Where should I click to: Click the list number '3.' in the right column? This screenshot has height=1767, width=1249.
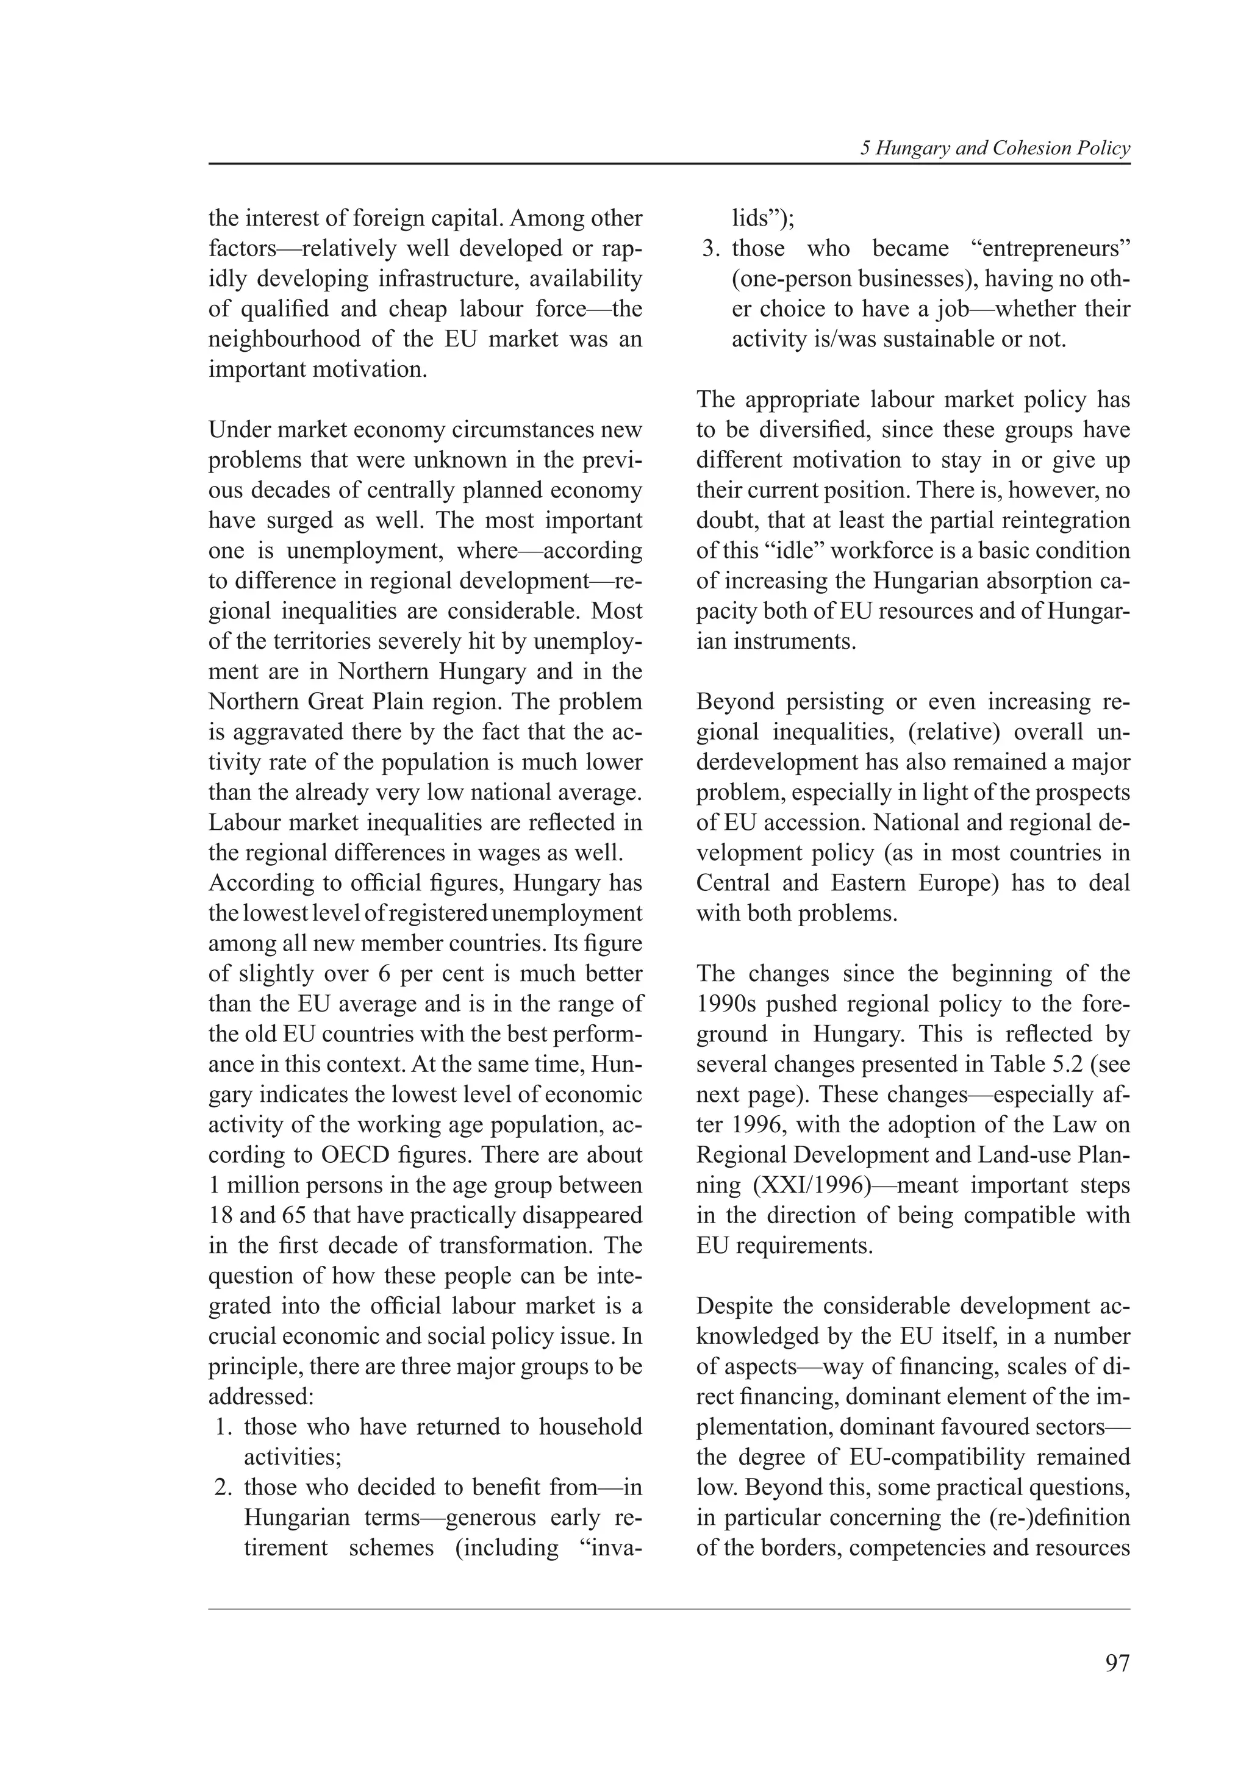click(x=711, y=249)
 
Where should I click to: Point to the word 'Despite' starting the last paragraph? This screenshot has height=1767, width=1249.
click(x=734, y=1305)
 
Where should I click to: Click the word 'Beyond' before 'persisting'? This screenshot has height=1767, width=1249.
click(x=735, y=701)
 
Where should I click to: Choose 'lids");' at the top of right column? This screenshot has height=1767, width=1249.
click(x=764, y=218)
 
